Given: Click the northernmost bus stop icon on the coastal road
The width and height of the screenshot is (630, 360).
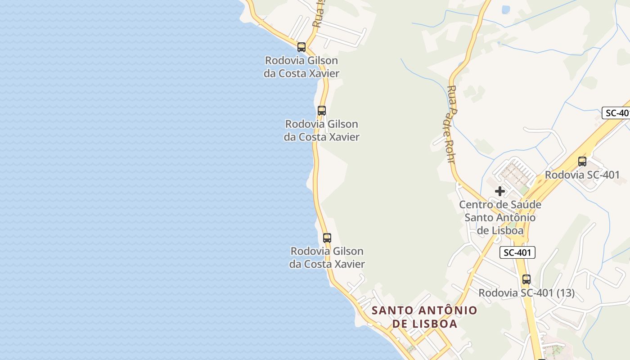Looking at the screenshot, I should coord(301,47).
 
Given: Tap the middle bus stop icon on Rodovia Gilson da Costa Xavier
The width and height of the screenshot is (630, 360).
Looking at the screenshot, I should coord(322,110).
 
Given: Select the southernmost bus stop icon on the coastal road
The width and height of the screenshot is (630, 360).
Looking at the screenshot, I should coord(327,238).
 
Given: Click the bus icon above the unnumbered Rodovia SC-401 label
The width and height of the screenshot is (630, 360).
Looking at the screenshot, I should coord(582,161).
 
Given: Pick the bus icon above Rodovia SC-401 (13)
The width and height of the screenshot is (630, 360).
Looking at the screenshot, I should coord(526,279).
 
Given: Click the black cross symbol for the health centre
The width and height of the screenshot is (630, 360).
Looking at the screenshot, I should coord(499,191).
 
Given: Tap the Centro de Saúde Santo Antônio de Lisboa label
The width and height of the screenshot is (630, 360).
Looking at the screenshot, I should coord(500,218).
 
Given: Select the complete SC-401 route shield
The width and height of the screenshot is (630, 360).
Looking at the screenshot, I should coord(517,252).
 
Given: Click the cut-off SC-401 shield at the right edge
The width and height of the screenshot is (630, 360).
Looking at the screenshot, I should coord(616,113).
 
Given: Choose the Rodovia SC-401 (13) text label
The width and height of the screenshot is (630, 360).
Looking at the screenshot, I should coord(526,293).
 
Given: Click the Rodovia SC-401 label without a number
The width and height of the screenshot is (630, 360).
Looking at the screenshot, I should coord(582,175).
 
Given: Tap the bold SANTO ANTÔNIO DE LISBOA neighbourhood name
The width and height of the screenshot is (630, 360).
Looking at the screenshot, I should coord(424,317).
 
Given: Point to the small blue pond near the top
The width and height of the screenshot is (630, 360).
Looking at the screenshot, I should coord(505,9).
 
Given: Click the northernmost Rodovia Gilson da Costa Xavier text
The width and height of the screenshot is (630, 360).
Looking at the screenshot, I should coord(301,67).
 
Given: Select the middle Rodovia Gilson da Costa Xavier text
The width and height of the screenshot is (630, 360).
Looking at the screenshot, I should coord(322,130).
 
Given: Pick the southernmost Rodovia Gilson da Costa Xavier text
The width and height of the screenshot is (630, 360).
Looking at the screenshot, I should coord(327,257).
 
